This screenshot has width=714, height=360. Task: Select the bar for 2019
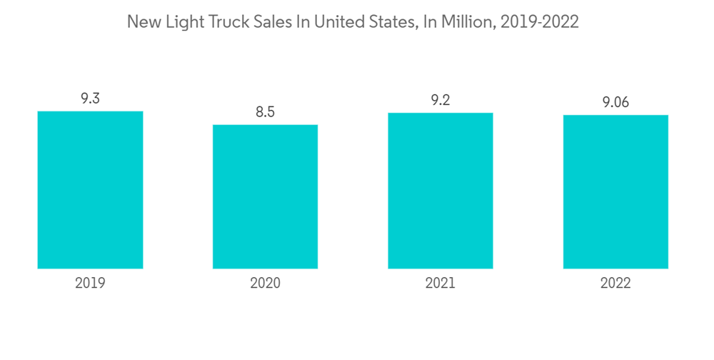90,190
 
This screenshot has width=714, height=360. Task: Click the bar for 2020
265,196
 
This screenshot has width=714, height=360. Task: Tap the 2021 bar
441,191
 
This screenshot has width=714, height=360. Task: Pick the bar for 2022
615,191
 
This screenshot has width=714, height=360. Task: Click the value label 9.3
90,99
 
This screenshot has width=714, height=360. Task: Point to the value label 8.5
265,112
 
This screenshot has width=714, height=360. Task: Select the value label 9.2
441,101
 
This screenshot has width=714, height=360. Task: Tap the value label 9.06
615,103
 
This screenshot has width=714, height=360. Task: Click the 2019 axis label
90,283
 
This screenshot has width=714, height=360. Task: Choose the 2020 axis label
265,283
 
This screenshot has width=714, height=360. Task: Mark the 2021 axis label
441,283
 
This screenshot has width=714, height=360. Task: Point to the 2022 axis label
615,283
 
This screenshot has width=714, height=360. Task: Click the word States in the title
384,22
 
